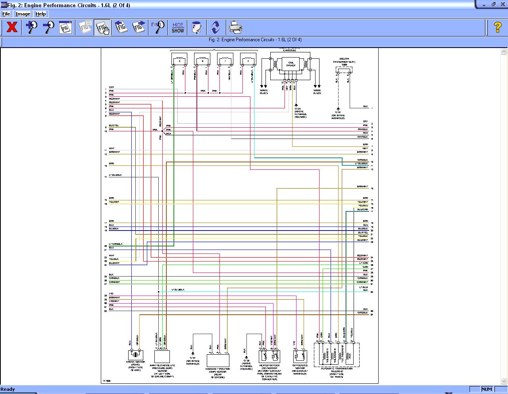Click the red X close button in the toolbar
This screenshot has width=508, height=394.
pyautogui.click(x=12, y=27)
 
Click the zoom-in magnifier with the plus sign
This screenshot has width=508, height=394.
pyautogui.click(x=31, y=27)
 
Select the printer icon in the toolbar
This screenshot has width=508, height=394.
pyautogui.click(x=235, y=27)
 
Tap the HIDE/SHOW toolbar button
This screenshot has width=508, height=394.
pyautogui.click(x=178, y=27)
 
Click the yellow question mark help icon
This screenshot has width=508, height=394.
pyautogui.click(x=497, y=27)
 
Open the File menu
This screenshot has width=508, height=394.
pyautogui.click(x=6, y=14)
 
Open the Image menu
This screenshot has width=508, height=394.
pyautogui.click(x=23, y=14)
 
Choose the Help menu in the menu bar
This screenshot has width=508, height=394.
pyautogui.click(x=41, y=14)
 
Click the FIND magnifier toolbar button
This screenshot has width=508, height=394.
pyautogui.click(x=158, y=27)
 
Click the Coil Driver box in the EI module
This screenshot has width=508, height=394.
pyautogui.click(x=291, y=64)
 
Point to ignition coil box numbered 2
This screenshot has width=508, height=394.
pyautogui.click(x=179, y=60)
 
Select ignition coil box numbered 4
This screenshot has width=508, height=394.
pyautogui.click(x=248, y=60)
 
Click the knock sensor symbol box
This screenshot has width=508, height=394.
pyautogui.click(x=136, y=355)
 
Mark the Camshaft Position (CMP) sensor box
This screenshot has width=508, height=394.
pyautogui.click(x=218, y=360)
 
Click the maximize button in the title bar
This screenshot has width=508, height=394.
pyautogui.click(x=494, y=4)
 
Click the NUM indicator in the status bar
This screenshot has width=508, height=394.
pyautogui.click(x=487, y=389)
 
